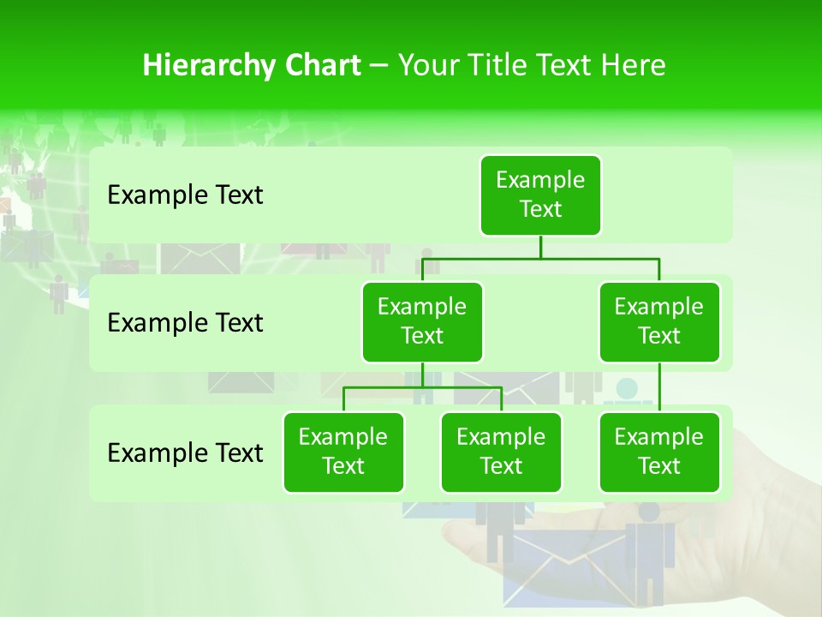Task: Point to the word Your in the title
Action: click(x=426, y=66)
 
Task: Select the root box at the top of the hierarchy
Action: click(x=540, y=195)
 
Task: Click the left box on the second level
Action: click(x=422, y=321)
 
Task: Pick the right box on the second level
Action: click(x=659, y=321)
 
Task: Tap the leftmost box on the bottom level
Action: click(x=343, y=452)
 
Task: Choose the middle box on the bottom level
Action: click(x=501, y=452)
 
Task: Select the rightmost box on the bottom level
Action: click(x=659, y=452)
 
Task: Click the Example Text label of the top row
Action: click(x=185, y=195)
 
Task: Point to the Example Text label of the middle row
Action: click(x=185, y=323)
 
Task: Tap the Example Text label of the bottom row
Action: click(x=185, y=452)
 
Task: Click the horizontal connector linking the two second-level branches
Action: click(x=540, y=257)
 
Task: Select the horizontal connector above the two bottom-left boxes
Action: click(x=422, y=387)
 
